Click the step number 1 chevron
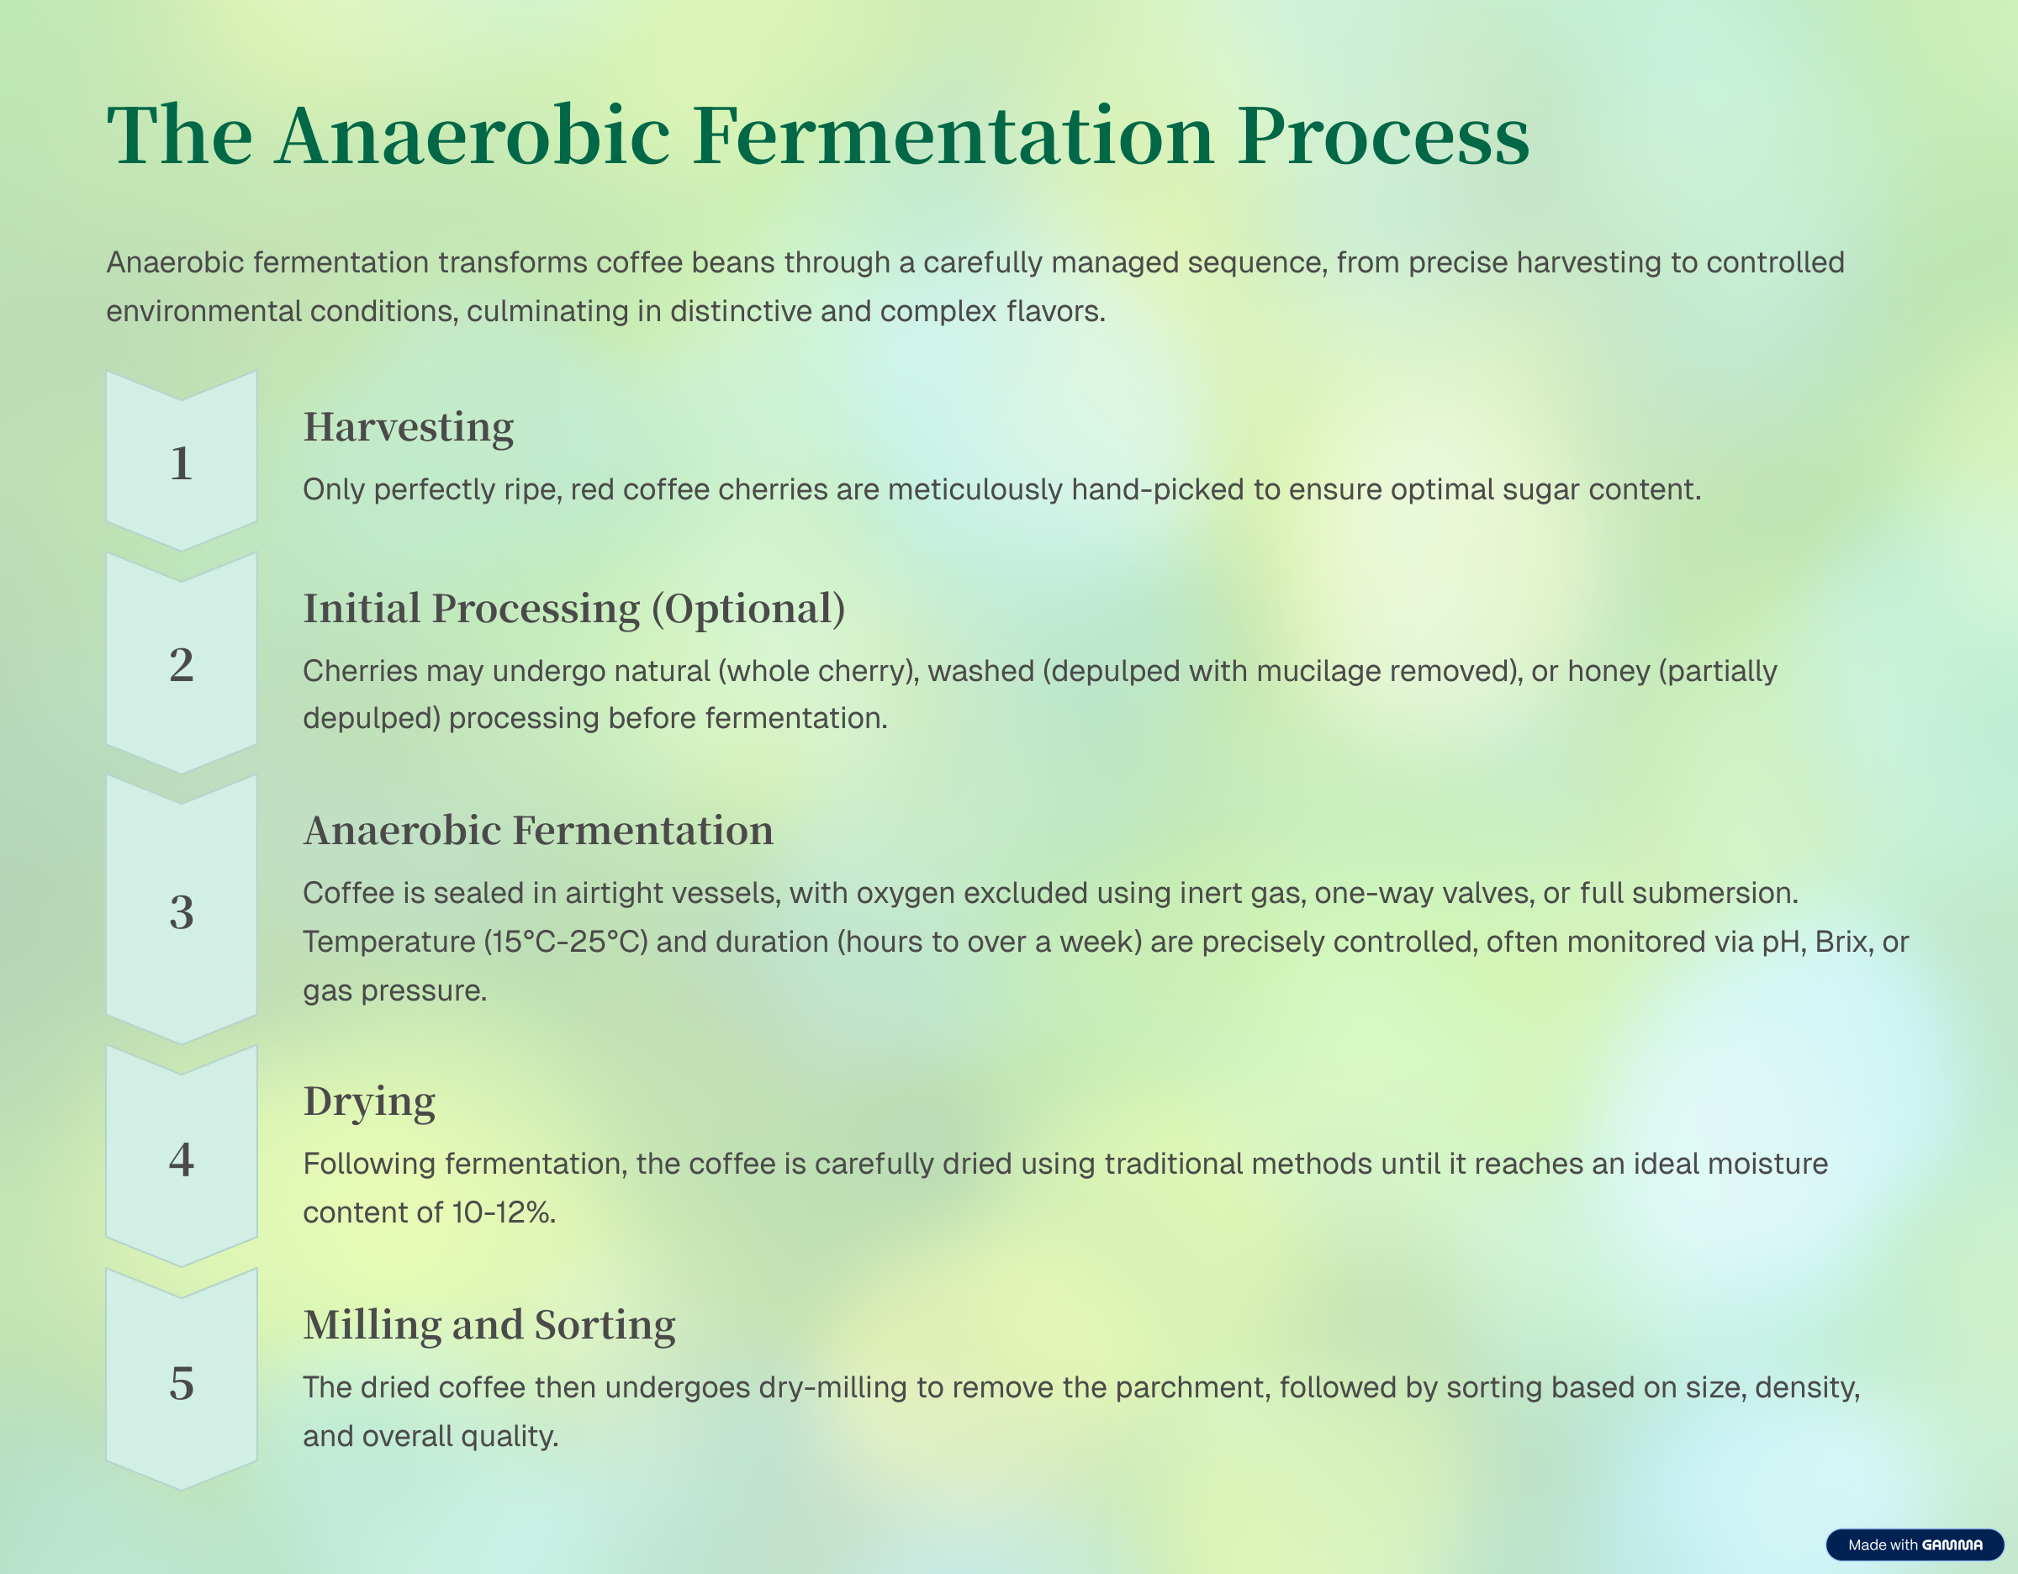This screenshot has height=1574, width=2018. click(181, 462)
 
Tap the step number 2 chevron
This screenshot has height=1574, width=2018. click(181, 663)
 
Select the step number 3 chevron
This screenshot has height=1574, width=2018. click(181, 911)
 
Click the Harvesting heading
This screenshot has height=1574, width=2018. click(409, 428)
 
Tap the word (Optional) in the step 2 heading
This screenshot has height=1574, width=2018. click(748, 610)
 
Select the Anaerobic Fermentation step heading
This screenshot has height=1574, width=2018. click(539, 831)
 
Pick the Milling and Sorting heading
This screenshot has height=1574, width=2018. click(489, 1325)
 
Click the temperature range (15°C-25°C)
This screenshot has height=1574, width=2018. click(567, 941)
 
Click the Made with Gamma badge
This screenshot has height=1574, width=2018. click(1915, 1545)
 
